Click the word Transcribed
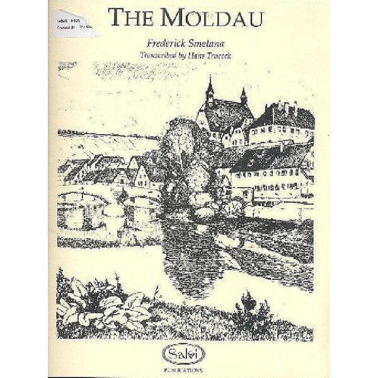(x=162, y=54)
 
